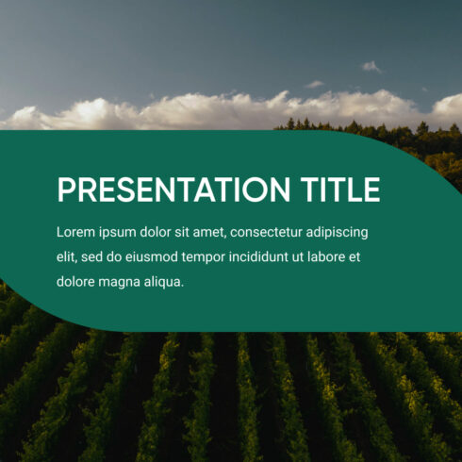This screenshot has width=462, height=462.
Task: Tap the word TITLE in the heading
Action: pos(343,190)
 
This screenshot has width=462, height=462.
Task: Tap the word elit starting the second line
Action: pos(67,256)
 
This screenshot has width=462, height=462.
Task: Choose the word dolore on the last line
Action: pos(76,281)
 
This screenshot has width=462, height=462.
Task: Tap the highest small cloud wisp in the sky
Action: pos(371,67)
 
